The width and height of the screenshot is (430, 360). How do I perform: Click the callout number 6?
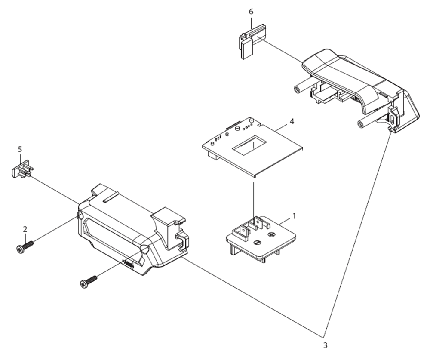pos(251,12)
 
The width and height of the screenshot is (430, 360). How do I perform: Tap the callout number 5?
pos(20,150)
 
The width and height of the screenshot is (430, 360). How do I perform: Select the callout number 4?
pos(292,121)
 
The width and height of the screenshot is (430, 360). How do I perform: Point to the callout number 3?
pos(325,345)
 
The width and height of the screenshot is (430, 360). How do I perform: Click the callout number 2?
pos(25,229)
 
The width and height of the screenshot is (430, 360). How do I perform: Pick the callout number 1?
pos(295,216)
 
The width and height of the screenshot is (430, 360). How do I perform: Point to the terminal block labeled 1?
pos(261,237)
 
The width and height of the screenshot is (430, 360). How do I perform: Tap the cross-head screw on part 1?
pos(271,234)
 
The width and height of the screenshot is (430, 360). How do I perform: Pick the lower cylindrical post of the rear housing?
pos(368,121)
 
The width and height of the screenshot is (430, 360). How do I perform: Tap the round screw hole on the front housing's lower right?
pos(144,249)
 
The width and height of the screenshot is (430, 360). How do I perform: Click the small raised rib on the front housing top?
pos(111,197)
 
